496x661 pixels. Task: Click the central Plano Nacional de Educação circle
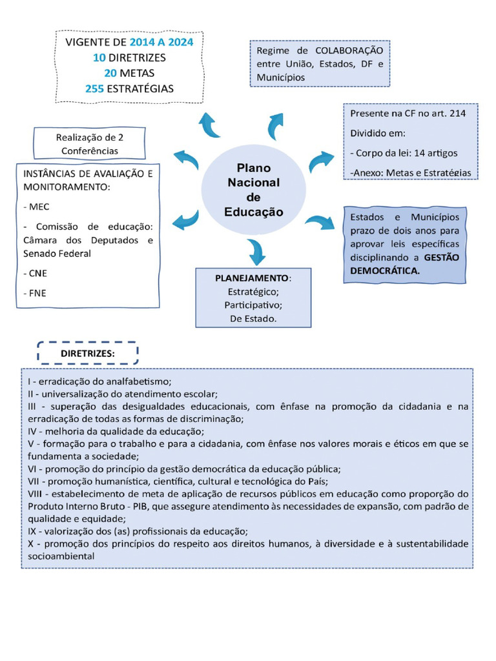point(253,188)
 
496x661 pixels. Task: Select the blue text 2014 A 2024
point(161,43)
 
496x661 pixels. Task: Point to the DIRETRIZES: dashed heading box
point(88,353)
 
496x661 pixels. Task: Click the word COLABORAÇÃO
point(349,50)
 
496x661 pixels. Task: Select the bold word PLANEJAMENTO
point(252,278)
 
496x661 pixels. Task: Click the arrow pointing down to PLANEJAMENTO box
point(256,250)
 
